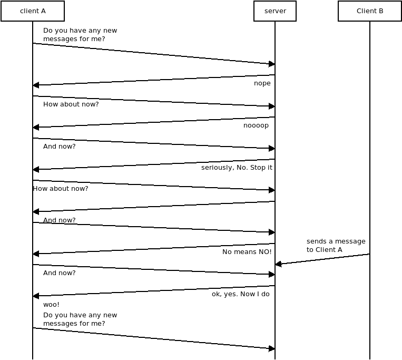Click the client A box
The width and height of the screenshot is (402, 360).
coord(33,11)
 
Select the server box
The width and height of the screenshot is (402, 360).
coord(275,11)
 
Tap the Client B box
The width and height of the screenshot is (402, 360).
coord(370,11)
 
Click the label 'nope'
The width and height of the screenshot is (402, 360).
coord(262,83)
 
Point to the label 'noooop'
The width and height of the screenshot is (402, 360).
coord(256,125)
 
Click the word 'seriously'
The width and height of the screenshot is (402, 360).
coord(215,168)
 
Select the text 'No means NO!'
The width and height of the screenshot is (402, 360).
coord(247,252)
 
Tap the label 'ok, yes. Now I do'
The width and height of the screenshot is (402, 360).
coord(241,294)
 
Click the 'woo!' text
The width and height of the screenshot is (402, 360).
coord(51,305)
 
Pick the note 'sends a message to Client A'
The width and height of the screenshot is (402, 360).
coord(336,246)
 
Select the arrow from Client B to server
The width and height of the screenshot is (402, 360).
coord(322,259)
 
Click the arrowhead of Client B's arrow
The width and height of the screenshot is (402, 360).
coord(278,264)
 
